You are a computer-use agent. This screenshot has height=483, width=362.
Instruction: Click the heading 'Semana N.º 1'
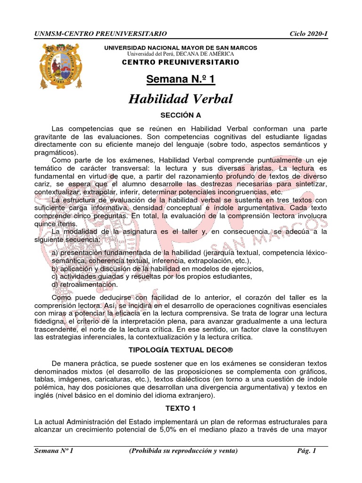pos(181,79)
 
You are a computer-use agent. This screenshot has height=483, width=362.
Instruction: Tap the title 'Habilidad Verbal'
pos(181,99)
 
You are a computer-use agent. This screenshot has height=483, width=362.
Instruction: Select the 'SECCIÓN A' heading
pos(181,115)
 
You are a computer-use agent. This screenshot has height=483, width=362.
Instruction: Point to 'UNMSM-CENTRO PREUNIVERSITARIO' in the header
pos(100,34)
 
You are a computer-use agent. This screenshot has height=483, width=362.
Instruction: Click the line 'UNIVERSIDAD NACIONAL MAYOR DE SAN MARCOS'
pos(181,48)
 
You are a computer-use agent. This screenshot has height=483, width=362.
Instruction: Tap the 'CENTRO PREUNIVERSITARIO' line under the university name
pos(181,62)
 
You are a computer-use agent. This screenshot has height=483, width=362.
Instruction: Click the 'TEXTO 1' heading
pos(181,408)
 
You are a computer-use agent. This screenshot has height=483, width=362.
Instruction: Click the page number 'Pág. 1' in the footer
pos(306,450)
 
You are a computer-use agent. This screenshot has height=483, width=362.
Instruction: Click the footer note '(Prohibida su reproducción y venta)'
pos(183,450)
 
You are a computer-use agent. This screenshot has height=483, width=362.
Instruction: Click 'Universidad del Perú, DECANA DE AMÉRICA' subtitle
pos(181,55)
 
